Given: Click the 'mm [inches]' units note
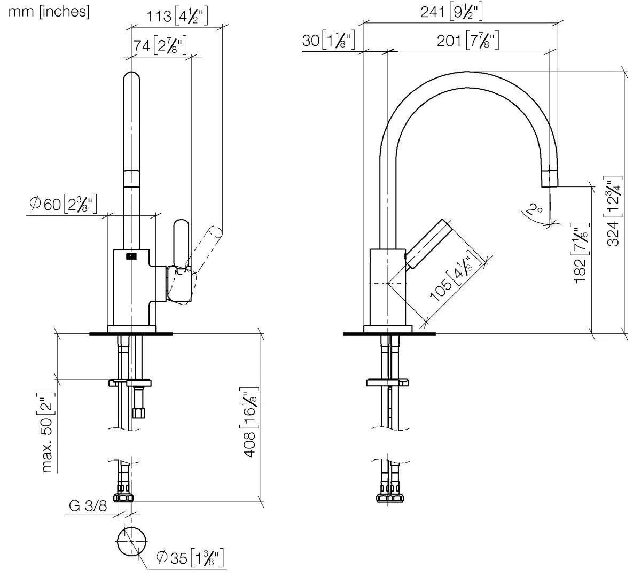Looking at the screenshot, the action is (49, 12).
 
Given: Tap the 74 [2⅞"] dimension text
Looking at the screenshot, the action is (160, 46).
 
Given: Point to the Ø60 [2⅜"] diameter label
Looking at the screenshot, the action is (63, 204).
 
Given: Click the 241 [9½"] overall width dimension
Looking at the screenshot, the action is (451, 12).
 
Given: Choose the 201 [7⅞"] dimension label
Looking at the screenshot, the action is (468, 41).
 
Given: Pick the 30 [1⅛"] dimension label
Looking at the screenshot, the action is (329, 41).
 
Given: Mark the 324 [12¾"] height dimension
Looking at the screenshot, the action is (614, 212).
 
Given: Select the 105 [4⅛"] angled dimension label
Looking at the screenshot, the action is (455, 276).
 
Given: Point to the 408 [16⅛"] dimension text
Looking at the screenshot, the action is (249, 422).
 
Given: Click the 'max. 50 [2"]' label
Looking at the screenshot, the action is (48, 433).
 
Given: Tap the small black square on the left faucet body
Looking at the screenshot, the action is (131, 256).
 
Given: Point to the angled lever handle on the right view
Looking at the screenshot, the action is (428, 244).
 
